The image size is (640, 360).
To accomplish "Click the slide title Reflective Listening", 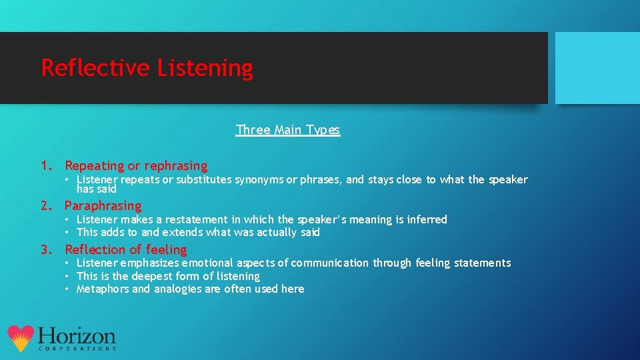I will (x=147, y=68).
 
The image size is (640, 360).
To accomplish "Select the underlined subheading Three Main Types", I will (x=287, y=130).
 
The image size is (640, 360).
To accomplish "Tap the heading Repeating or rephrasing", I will (x=136, y=165).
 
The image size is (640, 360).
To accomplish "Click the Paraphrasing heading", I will (x=103, y=205).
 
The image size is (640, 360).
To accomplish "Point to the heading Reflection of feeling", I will (x=125, y=249).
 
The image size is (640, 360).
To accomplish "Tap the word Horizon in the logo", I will (x=77, y=335).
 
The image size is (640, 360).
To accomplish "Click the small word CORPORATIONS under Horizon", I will (x=77, y=349).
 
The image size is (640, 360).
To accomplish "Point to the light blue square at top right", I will (x=597, y=68).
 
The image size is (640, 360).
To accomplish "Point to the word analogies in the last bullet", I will (x=177, y=289).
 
